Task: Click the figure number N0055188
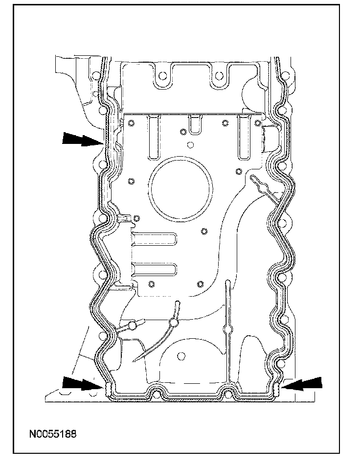tap(52, 434)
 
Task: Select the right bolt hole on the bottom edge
tap(228, 394)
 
